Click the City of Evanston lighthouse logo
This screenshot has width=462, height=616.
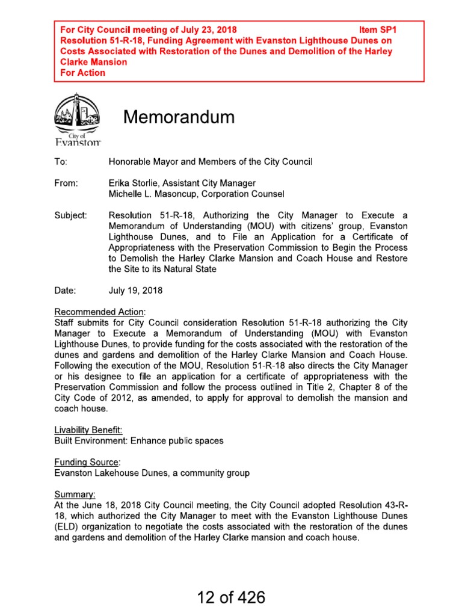tap(78, 119)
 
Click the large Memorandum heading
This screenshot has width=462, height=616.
tap(179, 117)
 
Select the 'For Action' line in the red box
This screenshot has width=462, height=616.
tap(83, 73)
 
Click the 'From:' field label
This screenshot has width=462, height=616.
tap(66, 183)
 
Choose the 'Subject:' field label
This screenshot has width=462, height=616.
tap(70, 215)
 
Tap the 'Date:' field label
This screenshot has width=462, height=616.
tap(65, 291)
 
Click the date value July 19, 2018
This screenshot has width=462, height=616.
tap(135, 291)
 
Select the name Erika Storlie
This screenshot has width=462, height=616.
tap(137, 183)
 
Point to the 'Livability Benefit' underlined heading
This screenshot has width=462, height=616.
tap(88, 430)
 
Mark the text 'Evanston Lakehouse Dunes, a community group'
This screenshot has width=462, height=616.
tap(152, 473)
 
